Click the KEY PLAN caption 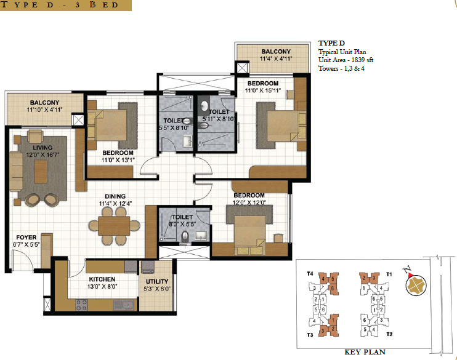click(x=365, y=353)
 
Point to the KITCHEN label click(x=101, y=279)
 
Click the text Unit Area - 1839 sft click(x=345, y=60)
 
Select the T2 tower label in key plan click(x=389, y=334)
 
